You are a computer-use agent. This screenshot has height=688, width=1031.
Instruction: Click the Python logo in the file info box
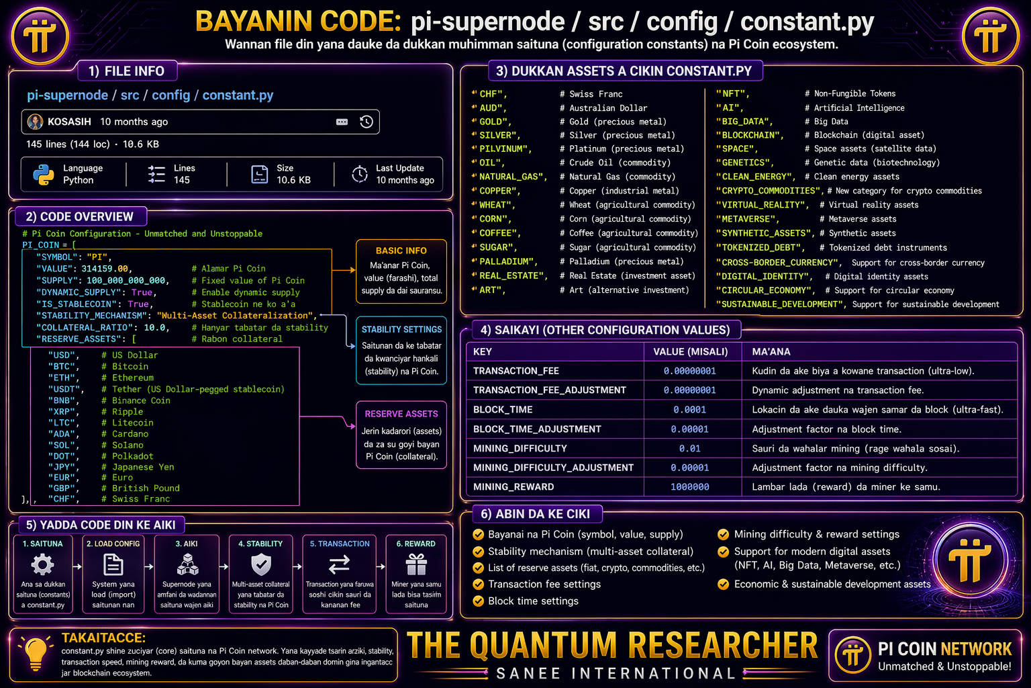click(44, 175)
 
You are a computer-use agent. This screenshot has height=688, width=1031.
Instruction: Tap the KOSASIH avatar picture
click(35, 122)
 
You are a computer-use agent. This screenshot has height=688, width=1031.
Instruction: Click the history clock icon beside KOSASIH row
click(366, 122)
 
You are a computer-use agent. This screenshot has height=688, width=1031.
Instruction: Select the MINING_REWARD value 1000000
click(689, 486)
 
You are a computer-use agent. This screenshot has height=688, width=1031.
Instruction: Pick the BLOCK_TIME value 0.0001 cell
click(689, 410)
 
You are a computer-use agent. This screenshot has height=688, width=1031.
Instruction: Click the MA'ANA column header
click(771, 351)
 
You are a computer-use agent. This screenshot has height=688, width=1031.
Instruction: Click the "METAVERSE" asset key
click(748, 219)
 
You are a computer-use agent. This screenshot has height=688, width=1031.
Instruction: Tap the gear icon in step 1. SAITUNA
click(43, 565)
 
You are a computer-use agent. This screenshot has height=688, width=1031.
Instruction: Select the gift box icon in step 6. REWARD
click(416, 564)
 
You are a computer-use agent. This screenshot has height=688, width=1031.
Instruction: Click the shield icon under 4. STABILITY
click(261, 565)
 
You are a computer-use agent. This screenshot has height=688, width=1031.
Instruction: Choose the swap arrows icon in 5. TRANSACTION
click(339, 564)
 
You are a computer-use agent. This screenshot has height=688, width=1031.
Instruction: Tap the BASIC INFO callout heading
click(401, 251)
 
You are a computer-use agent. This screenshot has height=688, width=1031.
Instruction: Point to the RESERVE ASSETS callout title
click(401, 414)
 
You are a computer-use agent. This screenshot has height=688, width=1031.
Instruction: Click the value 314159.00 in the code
click(105, 269)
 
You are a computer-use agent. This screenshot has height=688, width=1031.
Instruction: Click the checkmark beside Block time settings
click(478, 601)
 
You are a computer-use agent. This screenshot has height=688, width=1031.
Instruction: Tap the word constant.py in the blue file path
click(238, 95)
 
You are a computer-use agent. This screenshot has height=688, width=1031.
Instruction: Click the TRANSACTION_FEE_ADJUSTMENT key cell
click(550, 390)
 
